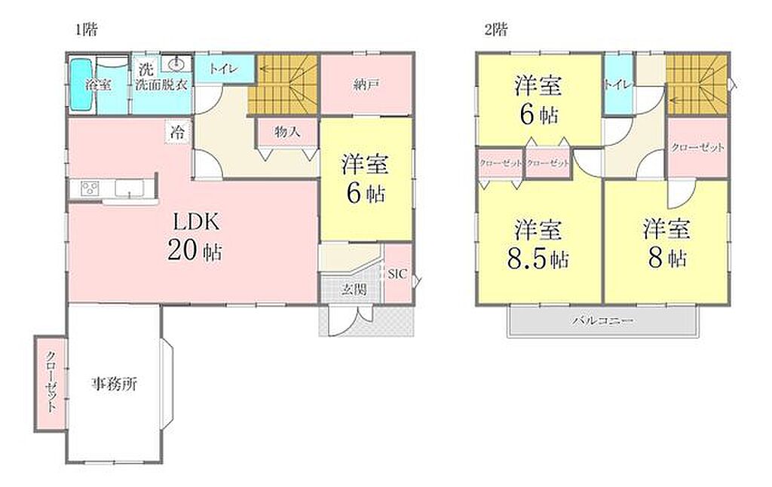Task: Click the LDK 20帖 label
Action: coord(195,237)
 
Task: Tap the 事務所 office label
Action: coord(115,384)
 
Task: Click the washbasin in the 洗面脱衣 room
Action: coord(176,63)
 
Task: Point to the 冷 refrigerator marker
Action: coord(178,132)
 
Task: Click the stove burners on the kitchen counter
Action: coord(90,188)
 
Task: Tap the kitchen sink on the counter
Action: coord(130,188)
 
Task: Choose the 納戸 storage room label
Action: coord(366,84)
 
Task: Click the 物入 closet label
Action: coord(287,132)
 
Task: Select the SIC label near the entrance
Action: coord(397,274)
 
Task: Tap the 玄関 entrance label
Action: coord(354,289)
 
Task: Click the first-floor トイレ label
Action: coord(223,69)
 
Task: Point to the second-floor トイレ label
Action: coord(617,84)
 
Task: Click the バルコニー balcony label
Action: coord(602,322)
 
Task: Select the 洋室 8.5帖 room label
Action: coord(538,244)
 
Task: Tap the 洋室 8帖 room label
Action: coord(667,244)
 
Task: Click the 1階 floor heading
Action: coord(86,30)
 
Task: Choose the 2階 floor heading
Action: coord(496,30)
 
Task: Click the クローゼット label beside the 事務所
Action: coord(51,381)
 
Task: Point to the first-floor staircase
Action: coord(282,84)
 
